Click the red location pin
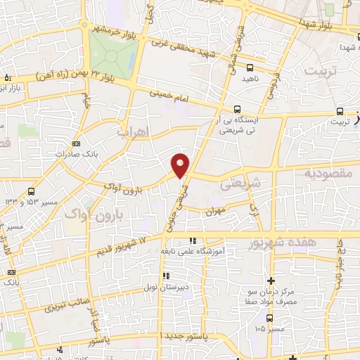(181, 165)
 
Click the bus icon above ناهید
(250, 68)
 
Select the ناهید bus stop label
(250, 79)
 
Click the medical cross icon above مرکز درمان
(270, 281)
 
